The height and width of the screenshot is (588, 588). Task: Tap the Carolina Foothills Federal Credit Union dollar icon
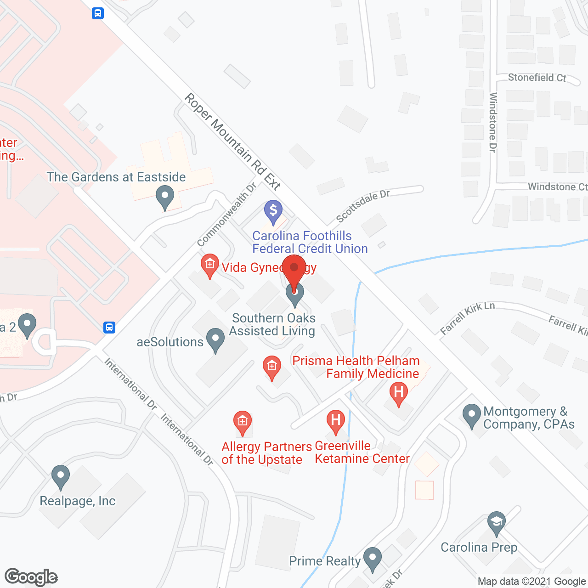[273, 212]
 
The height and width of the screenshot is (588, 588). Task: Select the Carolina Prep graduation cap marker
[497, 522]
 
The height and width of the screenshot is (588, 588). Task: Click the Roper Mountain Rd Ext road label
[232, 141]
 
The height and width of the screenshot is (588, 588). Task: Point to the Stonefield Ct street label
[537, 78]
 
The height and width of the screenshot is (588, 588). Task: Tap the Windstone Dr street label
[493, 122]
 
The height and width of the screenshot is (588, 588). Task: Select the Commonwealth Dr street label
[226, 215]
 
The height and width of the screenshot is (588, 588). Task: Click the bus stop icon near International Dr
[109, 328]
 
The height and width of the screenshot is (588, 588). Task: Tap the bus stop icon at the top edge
[97, 13]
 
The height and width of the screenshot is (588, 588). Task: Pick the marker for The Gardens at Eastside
[164, 196]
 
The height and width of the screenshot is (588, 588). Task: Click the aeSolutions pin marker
[215, 340]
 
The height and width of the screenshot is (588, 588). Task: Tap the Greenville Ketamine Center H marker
[336, 421]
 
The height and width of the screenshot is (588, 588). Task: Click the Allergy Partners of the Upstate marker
[243, 422]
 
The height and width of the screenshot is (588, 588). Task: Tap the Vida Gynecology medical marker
[210, 265]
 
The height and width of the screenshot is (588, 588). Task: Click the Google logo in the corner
[31, 577]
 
